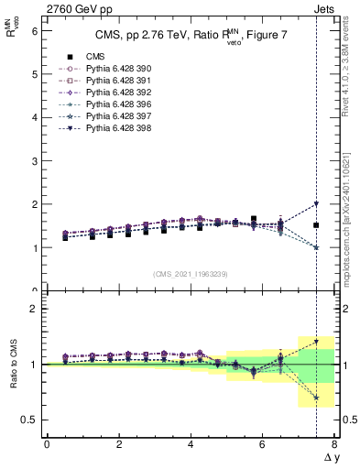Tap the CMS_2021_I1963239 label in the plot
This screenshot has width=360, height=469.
pos(191,273)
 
